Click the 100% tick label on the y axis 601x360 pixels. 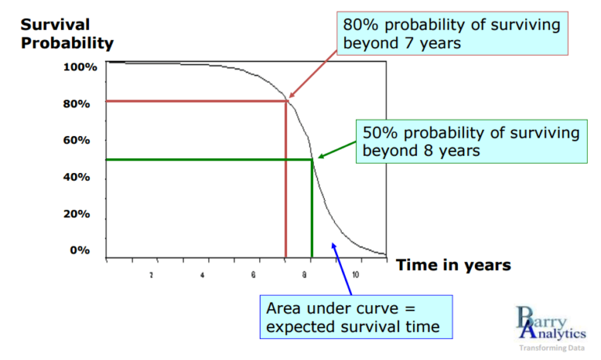[x=81, y=67]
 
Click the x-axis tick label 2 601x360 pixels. [x=151, y=275]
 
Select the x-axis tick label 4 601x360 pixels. [x=202, y=275]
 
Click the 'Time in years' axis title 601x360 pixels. [x=453, y=265]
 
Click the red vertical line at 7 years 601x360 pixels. [x=286, y=188]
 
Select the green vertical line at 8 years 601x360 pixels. [x=312, y=211]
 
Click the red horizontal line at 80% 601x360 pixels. [x=196, y=101]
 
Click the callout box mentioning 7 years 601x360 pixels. [x=452, y=32]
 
